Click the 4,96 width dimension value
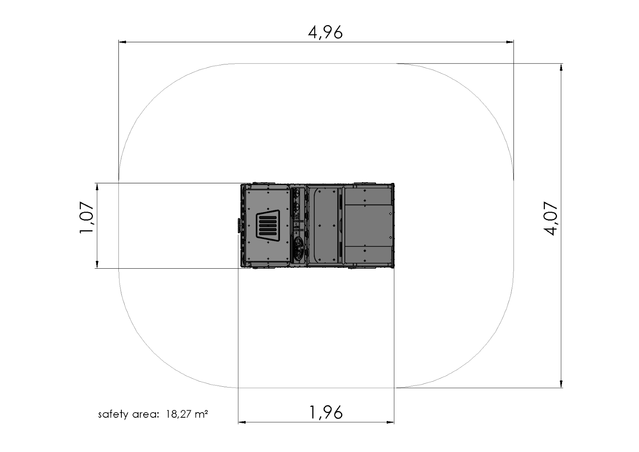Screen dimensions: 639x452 pos(325,32)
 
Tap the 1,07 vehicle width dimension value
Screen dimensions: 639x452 pos(86,218)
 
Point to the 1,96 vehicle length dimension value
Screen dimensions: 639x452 pos(326,413)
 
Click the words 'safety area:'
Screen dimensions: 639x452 pos(128,414)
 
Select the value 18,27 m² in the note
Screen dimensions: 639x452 pos(187,414)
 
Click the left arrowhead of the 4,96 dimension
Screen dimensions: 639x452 pos(123,42)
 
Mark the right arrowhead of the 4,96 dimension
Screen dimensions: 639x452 pos(510,42)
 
